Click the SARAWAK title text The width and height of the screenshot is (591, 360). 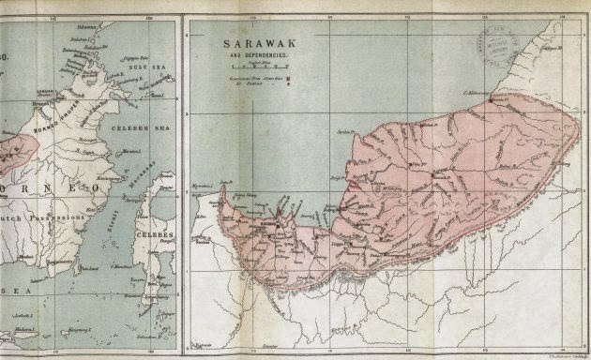252,44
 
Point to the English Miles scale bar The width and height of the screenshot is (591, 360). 253,68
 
